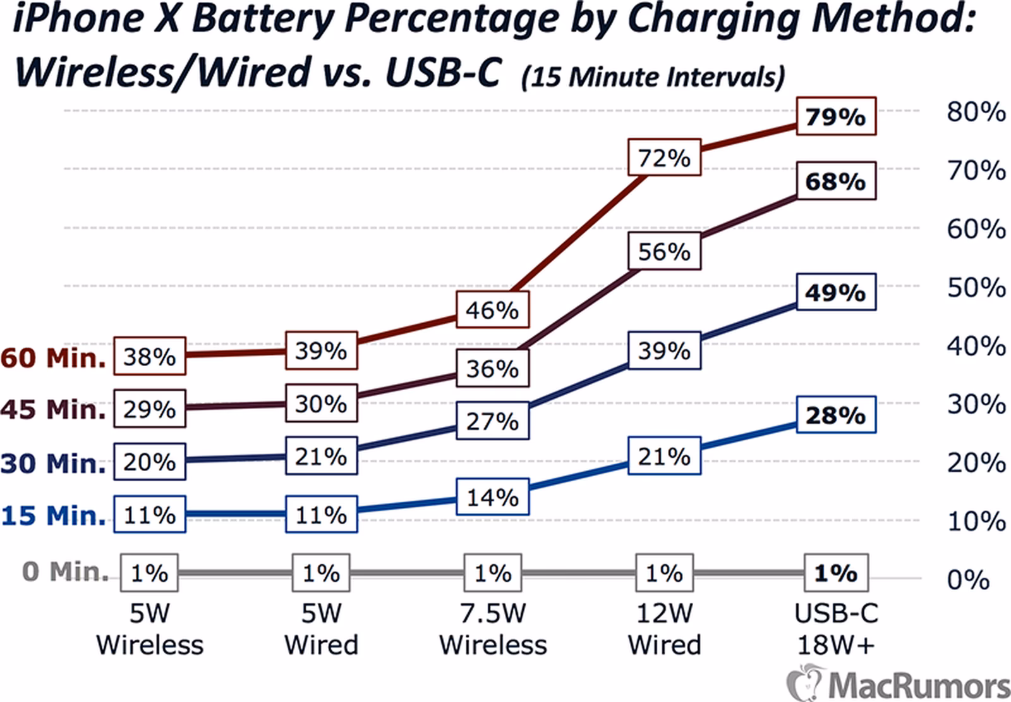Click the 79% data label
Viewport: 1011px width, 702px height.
[x=835, y=116]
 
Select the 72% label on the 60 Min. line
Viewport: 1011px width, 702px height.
[x=664, y=157]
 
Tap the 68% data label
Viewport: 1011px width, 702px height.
[x=835, y=182]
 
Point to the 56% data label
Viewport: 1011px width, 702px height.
[x=664, y=251]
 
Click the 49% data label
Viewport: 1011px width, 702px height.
[x=835, y=292]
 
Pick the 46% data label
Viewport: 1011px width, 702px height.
[x=492, y=310]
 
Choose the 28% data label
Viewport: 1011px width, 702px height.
[x=835, y=415]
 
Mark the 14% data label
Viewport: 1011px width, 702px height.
[x=492, y=497]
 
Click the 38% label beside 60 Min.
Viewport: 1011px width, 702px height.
[x=149, y=357]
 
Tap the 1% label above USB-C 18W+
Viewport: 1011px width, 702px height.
[x=835, y=573]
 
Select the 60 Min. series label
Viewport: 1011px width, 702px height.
[x=53, y=358]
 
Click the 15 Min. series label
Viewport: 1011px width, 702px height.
[x=53, y=515]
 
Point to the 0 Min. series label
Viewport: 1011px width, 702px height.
[x=65, y=571]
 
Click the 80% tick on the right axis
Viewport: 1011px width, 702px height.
[x=976, y=112]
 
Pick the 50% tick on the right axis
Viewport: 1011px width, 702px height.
[x=976, y=288]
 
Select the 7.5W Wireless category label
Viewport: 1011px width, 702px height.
[x=493, y=629]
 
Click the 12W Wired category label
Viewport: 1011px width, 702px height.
[x=664, y=629]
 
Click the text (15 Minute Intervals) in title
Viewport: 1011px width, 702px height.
[x=653, y=77]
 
